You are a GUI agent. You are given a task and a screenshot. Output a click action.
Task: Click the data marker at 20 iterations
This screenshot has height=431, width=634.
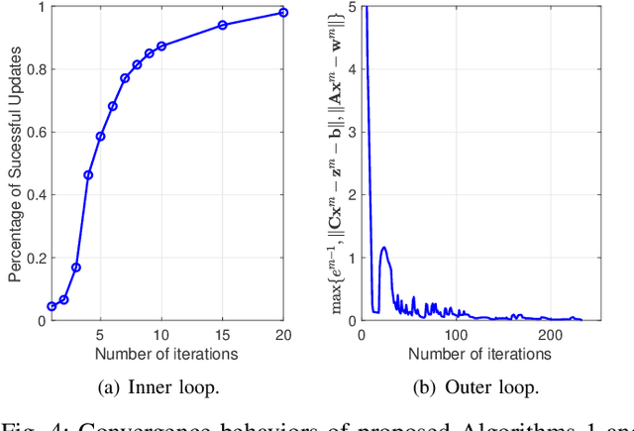click(x=283, y=12)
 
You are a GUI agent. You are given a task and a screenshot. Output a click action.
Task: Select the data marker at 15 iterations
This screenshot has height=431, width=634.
click(x=222, y=25)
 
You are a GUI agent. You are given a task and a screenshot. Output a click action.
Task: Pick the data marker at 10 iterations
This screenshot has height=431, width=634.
click(x=161, y=46)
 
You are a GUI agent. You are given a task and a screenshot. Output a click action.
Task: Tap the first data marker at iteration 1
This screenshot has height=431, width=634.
click(x=52, y=306)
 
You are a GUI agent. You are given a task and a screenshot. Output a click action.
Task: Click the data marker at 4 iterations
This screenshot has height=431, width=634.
click(x=88, y=174)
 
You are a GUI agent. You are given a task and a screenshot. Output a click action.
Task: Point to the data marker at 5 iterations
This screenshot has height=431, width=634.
click(x=100, y=136)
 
